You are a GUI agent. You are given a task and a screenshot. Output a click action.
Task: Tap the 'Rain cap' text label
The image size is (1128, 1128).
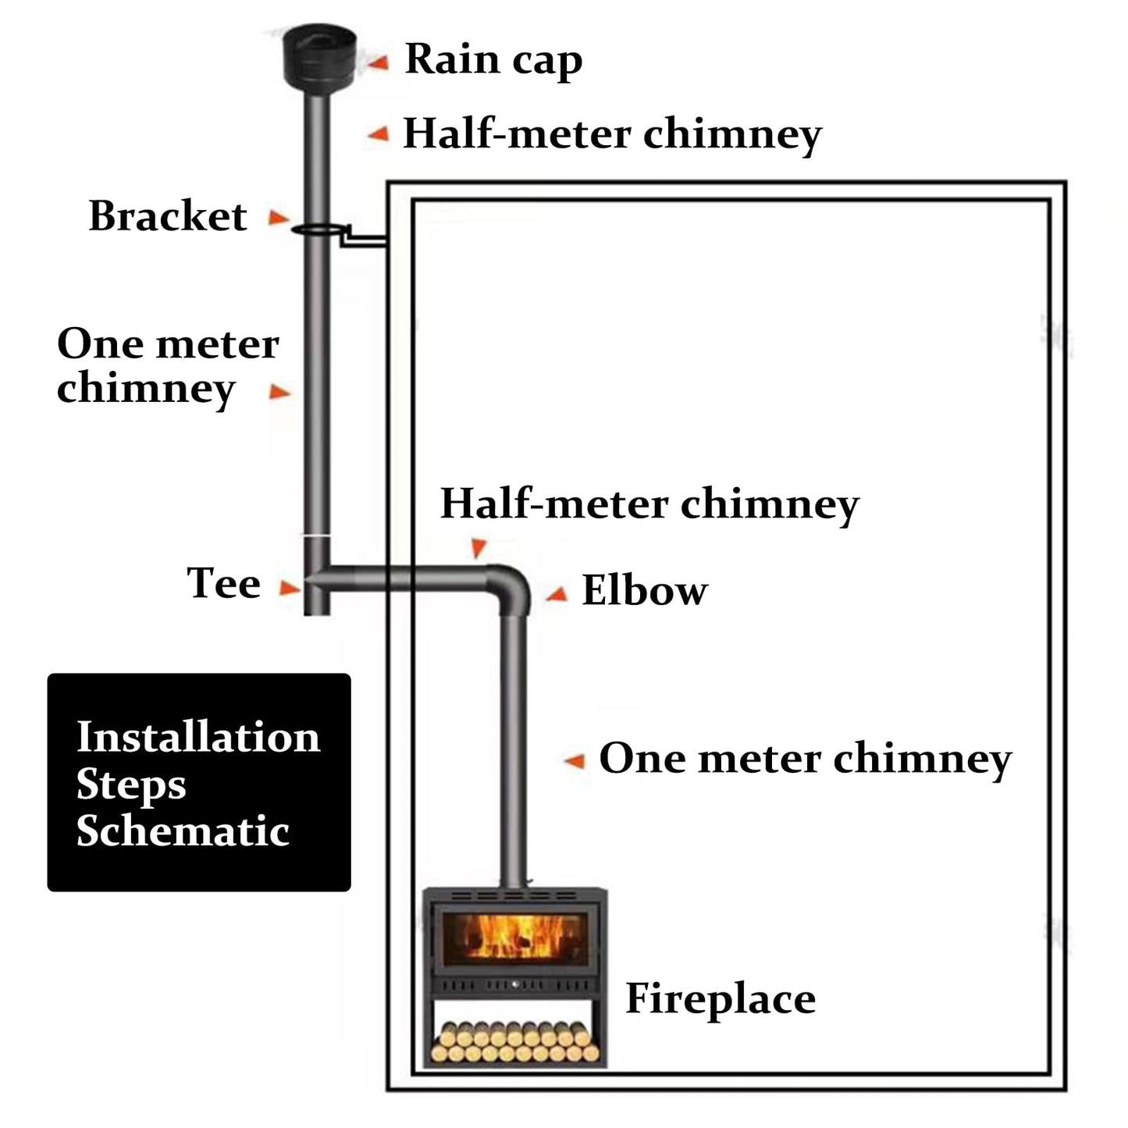(x=493, y=60)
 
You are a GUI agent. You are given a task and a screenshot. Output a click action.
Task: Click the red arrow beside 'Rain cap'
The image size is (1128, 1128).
(x=379, y=62)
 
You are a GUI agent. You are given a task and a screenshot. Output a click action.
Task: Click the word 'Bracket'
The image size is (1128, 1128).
(x=168, y=216)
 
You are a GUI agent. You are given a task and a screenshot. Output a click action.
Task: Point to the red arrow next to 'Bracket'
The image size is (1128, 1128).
(x=279, y=218)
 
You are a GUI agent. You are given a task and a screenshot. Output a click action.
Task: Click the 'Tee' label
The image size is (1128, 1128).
(x=223, y=583)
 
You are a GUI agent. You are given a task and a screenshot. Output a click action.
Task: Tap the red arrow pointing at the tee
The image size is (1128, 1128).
(x=290, y=588)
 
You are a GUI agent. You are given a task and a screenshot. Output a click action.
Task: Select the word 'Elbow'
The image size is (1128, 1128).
(x=644, y=591)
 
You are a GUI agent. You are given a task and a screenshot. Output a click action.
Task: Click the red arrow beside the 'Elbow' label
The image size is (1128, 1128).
(x=557, y=596)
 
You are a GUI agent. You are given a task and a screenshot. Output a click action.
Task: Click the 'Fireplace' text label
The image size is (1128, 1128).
(x=720, y=999)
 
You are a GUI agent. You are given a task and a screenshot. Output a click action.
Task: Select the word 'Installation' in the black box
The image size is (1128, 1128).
(x=198, y=737)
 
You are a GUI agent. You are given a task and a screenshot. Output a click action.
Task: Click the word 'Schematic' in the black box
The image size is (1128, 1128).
(x=183, y=831)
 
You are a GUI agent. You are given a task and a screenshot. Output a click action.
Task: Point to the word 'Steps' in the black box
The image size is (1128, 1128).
(x=131, y=785)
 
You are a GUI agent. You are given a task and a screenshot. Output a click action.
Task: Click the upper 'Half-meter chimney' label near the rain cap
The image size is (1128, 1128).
(x=611, y=134)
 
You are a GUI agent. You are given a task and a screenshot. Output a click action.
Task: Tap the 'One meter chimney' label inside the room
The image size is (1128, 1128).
(x=805, y=759)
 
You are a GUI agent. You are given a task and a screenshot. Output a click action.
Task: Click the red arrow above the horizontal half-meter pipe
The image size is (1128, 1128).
(x=479, y=547)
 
